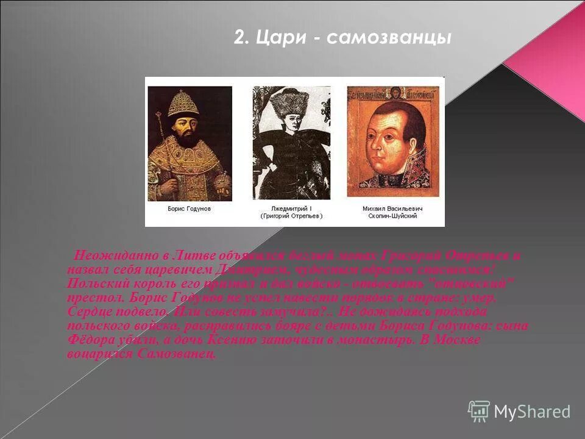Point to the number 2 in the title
pyautogui.click(x=241, y=38)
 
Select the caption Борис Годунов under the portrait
pyautogui.click(x=190, y=208)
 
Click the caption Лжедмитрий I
pyautogui.click(x=291, y=208)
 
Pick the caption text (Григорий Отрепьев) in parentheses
pyautogui.click(x=291, y=216)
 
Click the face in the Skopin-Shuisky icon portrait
pyautogui.click(x=390, y=138)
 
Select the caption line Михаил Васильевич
pyautogui.click(x=392, y=208)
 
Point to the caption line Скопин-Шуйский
pyautogui.click(x=392, y=216)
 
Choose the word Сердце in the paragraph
pyautogui.click(x=91, y=312)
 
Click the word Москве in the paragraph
pyautogui.click(x=457, y=340)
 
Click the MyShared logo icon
pyautogui.click(x=479, y=411)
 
